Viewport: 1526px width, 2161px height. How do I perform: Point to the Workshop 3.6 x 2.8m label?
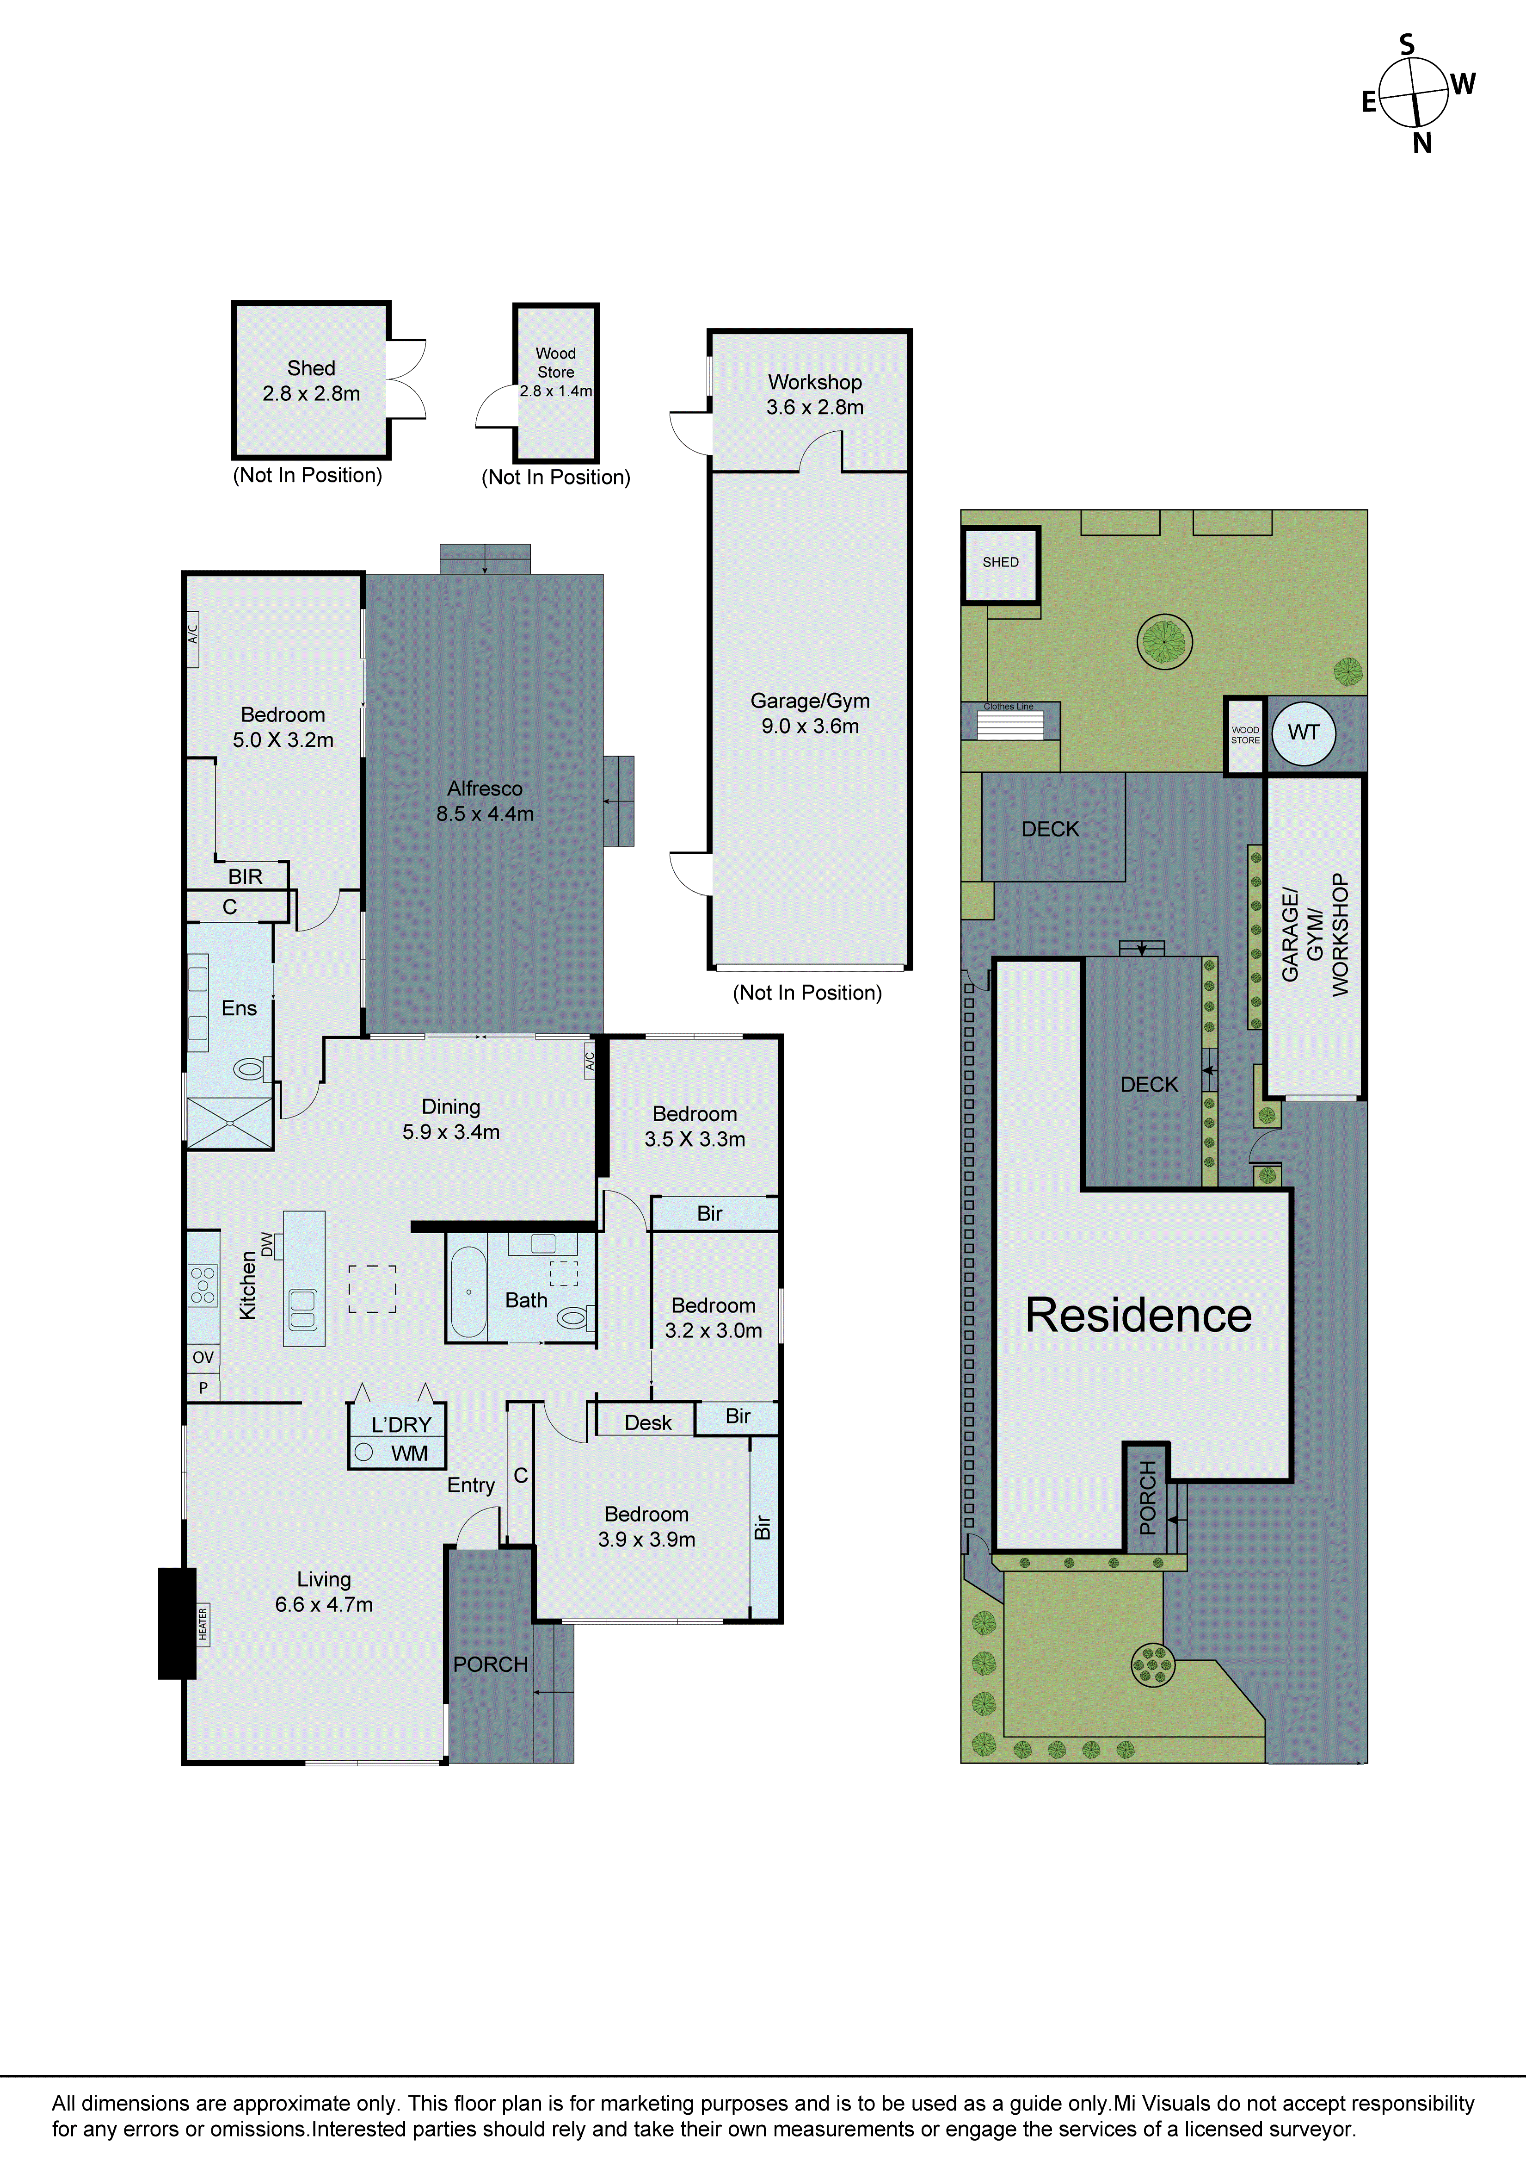pyautogui.click(x=815, y=394)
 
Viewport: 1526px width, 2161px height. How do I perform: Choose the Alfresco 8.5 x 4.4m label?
pyautogui.click(x=485, y=801)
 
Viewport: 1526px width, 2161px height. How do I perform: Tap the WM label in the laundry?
pyautogui.click(x=409, y=1453)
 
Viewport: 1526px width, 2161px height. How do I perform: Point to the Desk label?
pyautogui.click(x=648, y=1422)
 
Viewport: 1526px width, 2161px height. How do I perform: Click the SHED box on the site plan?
pyautogui.click(x=1000, y=563)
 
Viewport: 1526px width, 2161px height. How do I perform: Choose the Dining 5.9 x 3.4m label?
pyautogui.click(x=451, y=1119)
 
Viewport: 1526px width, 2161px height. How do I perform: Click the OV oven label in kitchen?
pyautogui.click(x=203, y=1357)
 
